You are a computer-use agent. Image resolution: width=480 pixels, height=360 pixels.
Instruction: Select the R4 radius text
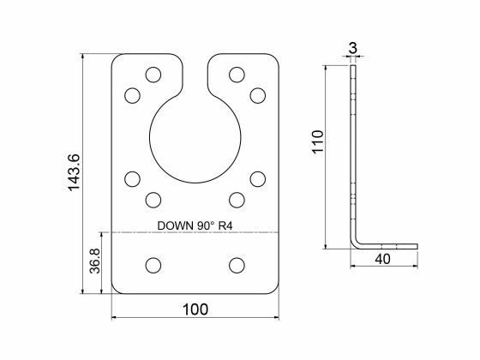pyautogui.click(x=227, y=226)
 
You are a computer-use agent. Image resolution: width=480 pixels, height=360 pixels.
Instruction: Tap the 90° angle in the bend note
pyautogui.click(x=206, y=226)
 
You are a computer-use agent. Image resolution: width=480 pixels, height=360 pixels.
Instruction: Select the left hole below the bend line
pyautogui.click(x=153, y=265)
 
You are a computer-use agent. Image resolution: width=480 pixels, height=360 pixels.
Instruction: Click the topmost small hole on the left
pyautogui.click(x=153, y=75)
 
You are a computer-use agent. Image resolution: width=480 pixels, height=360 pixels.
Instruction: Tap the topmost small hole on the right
pyautogui.click(x=237, y=75)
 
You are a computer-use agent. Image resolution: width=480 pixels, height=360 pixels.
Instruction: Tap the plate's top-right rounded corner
pyautogui.click(x=275, y=60)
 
